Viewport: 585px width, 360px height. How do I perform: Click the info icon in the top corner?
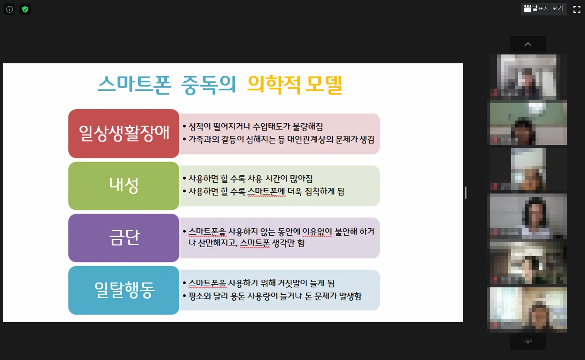click(x=10, y=9)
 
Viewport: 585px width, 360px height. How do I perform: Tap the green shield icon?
click(x=25, y=9)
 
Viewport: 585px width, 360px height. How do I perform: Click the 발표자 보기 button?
click(x=544, y=9)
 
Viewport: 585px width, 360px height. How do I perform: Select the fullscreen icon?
click(x=576, y=9)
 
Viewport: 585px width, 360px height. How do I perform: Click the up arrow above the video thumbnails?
click(x=528, y=44)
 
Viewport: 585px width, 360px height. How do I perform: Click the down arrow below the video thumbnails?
click(x=528, y=342)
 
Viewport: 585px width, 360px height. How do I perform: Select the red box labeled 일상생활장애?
click(x=124, y=133)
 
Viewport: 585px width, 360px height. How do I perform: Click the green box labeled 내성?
click(x=124, y=186)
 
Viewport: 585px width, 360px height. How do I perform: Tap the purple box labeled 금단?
click(x=124, y=238)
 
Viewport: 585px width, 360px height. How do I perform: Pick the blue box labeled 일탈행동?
click(x=124, y=290)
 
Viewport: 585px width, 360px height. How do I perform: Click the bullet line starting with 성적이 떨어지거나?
click(x=253, y=127)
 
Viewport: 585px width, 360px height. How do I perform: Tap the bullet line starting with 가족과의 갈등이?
click(x=279, y=139)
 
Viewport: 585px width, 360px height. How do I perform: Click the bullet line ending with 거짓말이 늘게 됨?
click(x=258, y=283)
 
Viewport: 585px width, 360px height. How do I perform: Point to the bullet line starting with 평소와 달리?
click(x=272, y=296)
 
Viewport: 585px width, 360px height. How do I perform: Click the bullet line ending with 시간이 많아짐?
click(x=248, y=179)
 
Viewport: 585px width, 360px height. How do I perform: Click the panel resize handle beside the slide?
click(x=466, y=193)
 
